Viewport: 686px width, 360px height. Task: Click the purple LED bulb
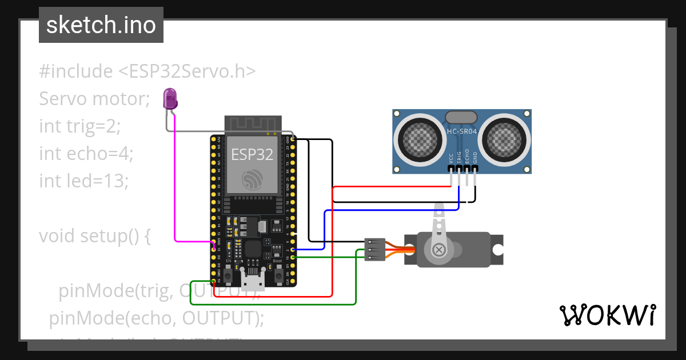(x=170, y=99)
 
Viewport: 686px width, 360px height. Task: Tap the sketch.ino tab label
(x=101, y=25)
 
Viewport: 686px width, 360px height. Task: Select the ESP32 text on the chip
(x=252, y=154)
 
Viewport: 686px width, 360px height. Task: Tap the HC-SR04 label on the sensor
(x=461, y=131)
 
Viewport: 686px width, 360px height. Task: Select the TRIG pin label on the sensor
(x=459, y=158)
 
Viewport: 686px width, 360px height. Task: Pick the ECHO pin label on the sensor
(x=467, y=158)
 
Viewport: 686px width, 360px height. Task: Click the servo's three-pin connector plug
(x=374, y=250)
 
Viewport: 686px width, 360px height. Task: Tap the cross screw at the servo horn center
(x=439, y=249)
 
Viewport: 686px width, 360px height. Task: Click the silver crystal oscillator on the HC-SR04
(x=461, y=117)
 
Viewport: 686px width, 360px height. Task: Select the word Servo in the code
(x=62, y=99)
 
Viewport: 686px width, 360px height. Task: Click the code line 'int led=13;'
(x=84, y=181)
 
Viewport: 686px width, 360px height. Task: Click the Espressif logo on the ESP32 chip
(x=252, y=179)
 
